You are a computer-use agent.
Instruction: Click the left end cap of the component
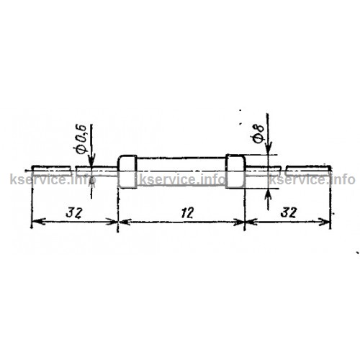(127, 171)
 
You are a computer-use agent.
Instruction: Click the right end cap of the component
(235, 171)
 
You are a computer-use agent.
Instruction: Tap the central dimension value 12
(186, 212)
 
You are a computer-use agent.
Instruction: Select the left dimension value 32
(74, 212)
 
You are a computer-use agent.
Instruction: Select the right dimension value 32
(289, 212)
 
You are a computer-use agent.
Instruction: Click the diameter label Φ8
(258, 134)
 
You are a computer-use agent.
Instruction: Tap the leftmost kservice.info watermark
(53, 179)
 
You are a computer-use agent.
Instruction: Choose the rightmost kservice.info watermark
(312, 179)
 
